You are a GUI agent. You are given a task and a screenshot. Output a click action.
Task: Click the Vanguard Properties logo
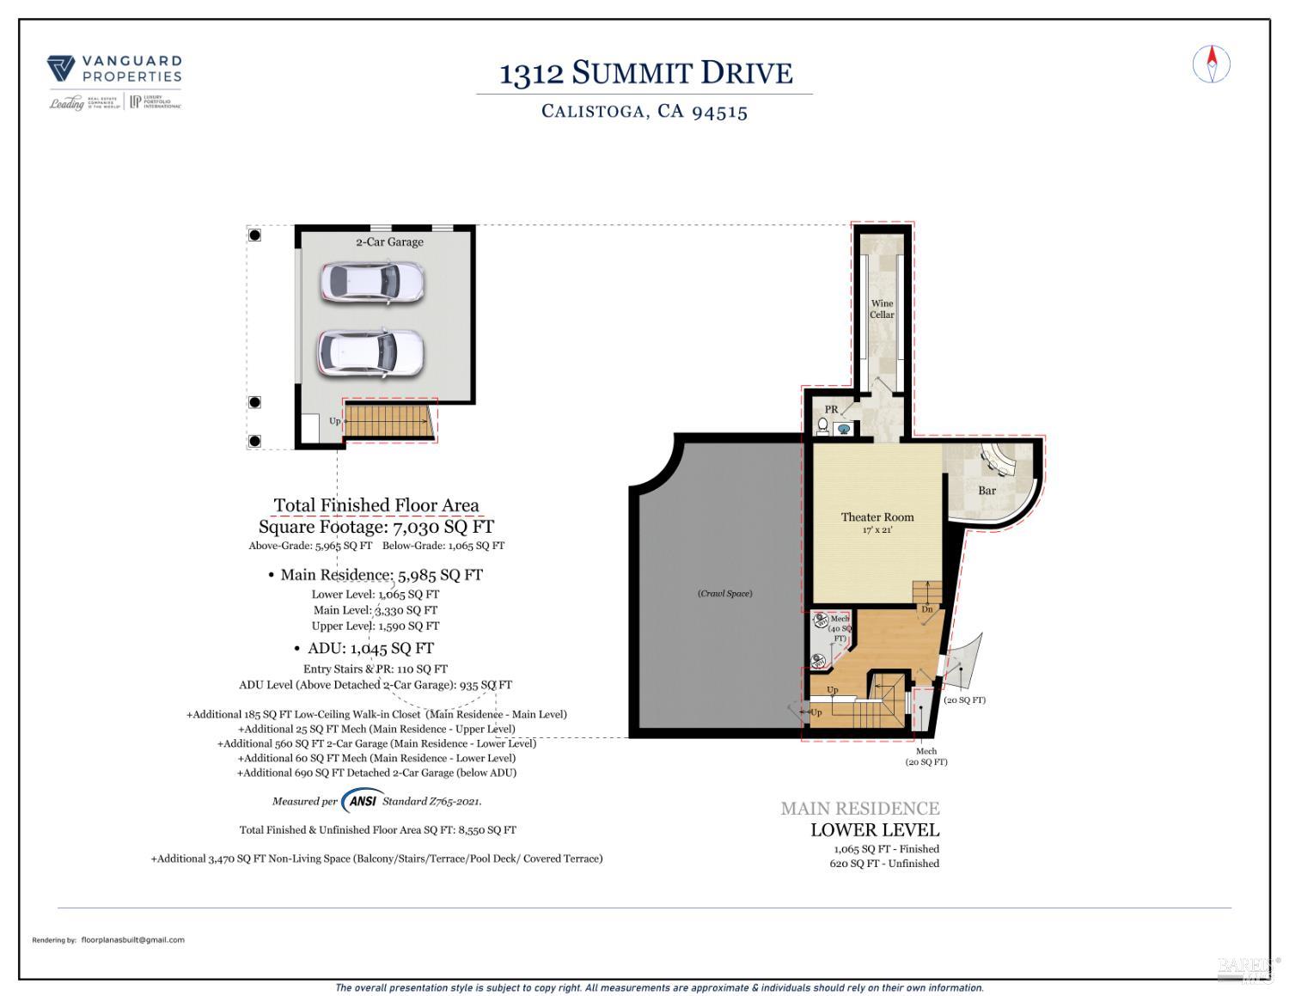tap(113, 82)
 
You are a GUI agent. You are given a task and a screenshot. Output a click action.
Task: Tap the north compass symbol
tap(1212, 64)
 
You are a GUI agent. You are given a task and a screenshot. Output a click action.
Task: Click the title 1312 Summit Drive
tap(645, 74)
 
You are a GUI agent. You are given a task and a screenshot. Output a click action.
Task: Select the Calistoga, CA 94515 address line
tap(644, 112)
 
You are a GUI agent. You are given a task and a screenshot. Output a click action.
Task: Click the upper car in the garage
tap(372, 282)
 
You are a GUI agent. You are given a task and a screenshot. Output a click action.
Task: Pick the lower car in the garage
tap(370, 352)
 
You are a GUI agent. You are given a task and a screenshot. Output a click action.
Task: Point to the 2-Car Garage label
tap(389, 242)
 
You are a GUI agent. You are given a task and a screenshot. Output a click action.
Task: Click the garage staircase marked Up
tap(387, 421)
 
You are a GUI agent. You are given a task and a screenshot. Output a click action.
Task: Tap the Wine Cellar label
tap(882, 309)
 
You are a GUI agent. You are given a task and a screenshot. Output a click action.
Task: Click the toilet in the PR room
tap(822, 426)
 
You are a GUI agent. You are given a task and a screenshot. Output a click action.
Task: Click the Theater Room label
tap(877, 517)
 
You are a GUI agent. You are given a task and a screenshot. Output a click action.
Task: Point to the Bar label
tap(987, 491)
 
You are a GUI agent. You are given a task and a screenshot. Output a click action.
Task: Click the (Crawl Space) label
tap(724, 594)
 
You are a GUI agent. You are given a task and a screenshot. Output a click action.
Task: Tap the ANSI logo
tap(362, 801)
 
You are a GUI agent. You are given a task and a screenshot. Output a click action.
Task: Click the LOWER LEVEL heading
tap(875, 830)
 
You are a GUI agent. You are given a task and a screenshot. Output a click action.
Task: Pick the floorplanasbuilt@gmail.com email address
tap(132, 940)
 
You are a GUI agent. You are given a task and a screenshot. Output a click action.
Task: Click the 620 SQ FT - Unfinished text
tap(884, 864)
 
